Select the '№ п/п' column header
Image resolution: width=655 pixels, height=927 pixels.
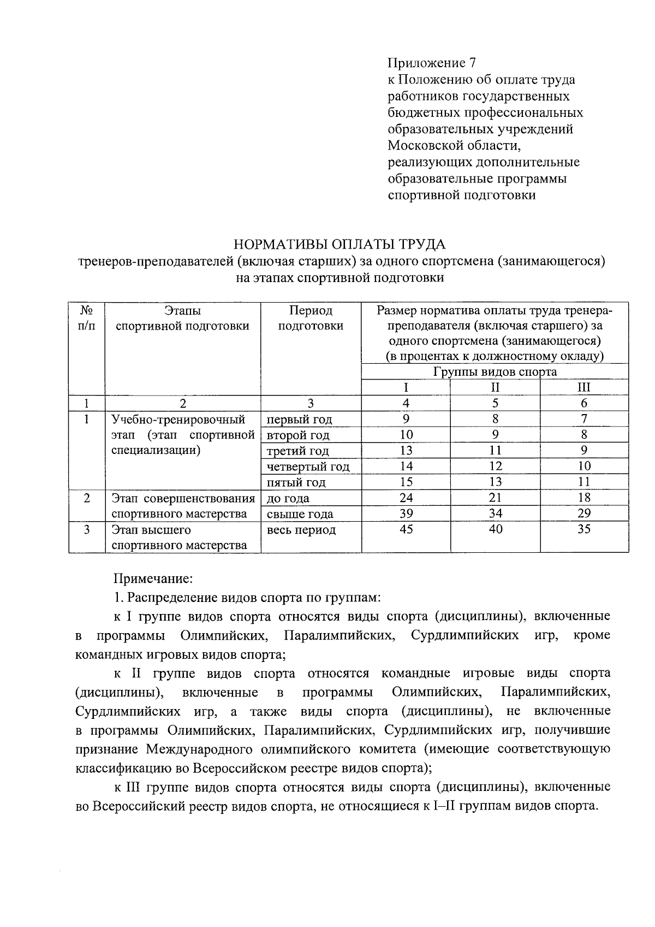pyautogui.click(x=87, y=318)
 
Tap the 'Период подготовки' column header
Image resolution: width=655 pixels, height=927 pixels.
pyautogui.click(x=311, y=318)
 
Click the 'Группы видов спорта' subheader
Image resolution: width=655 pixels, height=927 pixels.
pyautogui.click(x=495, y=372)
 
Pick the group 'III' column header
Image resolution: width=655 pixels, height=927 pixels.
pyautogui.click(x=583, y=388)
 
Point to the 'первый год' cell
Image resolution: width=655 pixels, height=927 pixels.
pyautogui.click(x=299, y=420)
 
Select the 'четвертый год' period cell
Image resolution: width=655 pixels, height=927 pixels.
pyautogui.click(x=308, y=467)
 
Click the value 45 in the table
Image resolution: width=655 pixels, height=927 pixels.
pyautogui.click(x=406, y=529)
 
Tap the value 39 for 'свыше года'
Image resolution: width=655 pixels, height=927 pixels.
pyautogui.click(x=406, y=513)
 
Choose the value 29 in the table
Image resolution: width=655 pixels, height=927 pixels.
pyautogui.click(x=583, y=513)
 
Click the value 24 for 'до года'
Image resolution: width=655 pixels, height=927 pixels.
pyautogui.click(x=406, y=498)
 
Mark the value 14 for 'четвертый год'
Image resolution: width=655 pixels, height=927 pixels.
pyautogui.click(x=406, y=467)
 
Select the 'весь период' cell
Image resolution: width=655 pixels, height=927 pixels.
pyautogui.click(x=301, y=530)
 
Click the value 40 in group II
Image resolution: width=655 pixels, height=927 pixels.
pyautogui.click(x=495, y=529)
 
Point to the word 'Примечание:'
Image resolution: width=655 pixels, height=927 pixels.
pyautogui.click(x=153, y=578)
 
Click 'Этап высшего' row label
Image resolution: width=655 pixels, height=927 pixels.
pyautogui.click(x=151, y=530)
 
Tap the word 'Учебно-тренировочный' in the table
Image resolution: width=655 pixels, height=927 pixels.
pyautogui.click(x=178, y=420)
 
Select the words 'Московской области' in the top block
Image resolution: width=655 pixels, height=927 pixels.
pyautogui.click(x=454, y=146)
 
